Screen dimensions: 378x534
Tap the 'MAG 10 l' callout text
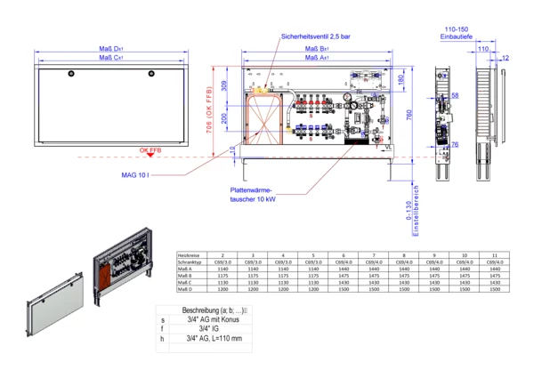coord(136,173)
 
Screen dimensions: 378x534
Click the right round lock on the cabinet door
coord(153,72)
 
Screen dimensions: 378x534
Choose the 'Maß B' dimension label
coord(318,49)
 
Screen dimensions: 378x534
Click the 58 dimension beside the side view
coord(455,95)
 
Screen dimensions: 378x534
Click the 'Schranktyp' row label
coord(194,263)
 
